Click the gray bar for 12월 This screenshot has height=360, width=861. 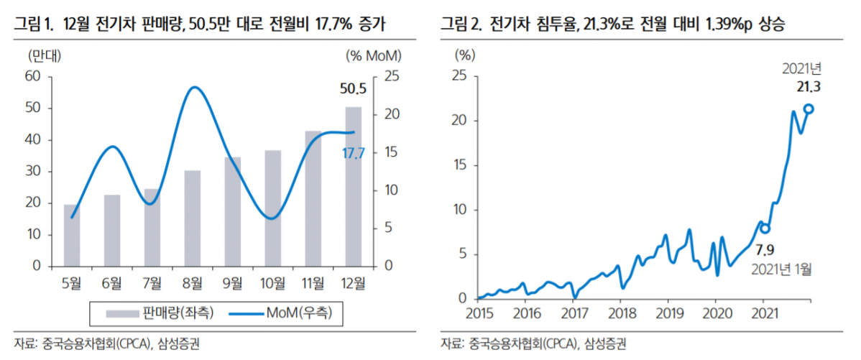point(354,187)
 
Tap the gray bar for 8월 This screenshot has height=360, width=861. point(193,218)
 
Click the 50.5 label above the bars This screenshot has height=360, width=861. point(353,89)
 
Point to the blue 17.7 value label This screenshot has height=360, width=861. point(353,152)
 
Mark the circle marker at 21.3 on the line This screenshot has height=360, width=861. point(809,109)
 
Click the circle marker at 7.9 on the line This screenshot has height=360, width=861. point(765,229)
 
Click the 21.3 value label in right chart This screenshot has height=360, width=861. point(809,87)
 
